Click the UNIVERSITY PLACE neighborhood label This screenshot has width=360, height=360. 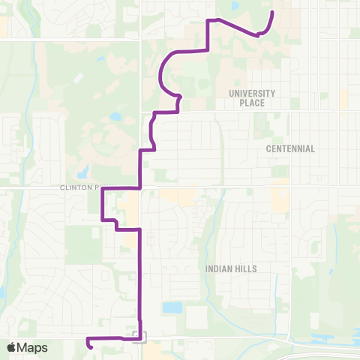(x=252, y=97)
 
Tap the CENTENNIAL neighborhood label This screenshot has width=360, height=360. (x=290, y=148)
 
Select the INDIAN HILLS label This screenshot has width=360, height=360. (x=231, y=268)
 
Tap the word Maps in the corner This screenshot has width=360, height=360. (x=34, y=347)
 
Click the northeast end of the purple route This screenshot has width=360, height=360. (x=272, y=13)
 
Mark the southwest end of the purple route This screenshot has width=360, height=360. (x=89, y=346)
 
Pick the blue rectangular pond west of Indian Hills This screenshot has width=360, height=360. (x=172, y=307)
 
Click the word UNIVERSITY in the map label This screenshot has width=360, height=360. (x=252, y=93)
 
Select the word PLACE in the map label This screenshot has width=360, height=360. (x=252, y=103)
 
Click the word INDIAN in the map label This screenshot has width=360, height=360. (x=218, y=268)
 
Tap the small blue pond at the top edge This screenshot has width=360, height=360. (x=235, y=6)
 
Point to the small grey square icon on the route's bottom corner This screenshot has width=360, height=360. (x=136, y=334)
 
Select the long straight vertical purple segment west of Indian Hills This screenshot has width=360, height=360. (x=140, y=277)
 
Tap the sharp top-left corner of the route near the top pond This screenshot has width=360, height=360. (x=207, y=20)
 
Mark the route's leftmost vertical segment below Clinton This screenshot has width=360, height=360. (x=102, y=204)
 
